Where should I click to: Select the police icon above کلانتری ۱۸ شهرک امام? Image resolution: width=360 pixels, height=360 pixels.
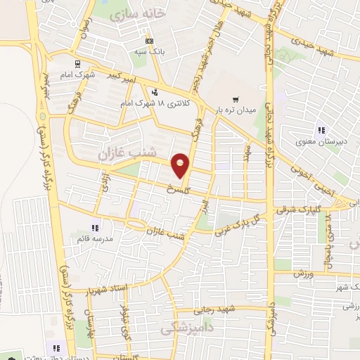point(155,91)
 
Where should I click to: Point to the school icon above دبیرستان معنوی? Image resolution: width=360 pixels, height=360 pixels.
point(321,129)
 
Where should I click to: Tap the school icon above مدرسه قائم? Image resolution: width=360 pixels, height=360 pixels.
point(95,227)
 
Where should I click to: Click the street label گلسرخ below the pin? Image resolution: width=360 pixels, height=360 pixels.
point(178,189)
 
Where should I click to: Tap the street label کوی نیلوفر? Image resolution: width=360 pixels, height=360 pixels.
point(127,324)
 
